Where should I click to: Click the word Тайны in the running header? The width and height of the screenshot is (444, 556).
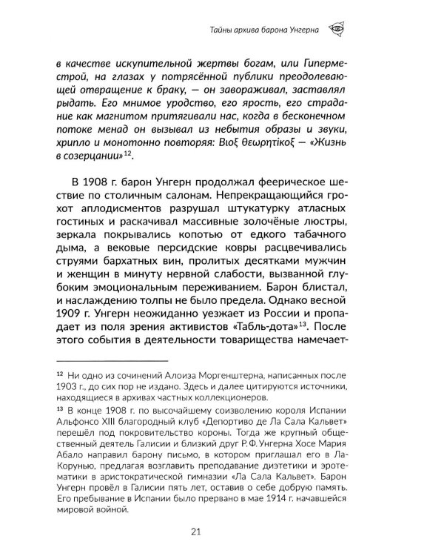point(219,30)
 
